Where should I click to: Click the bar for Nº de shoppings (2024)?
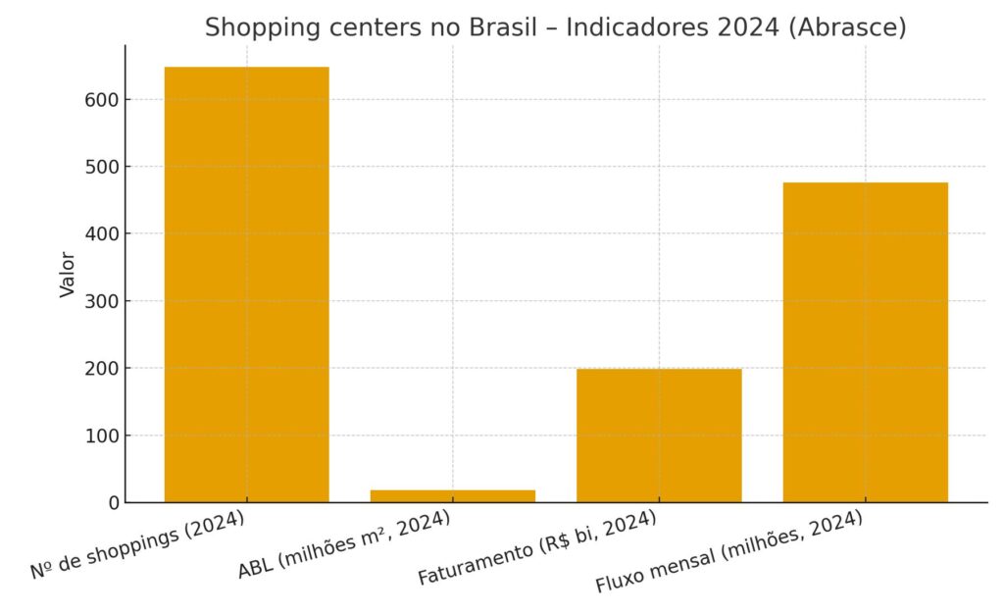(246, 284)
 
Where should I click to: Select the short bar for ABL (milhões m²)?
(452, 496)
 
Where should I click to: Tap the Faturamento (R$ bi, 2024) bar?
(659, 435)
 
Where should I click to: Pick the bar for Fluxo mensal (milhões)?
(865, 342)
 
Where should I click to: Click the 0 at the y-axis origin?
(114, 502)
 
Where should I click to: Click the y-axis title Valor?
(67, 275)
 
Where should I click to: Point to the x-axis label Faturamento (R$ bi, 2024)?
(536, 548)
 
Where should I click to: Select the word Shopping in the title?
(251, 28)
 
